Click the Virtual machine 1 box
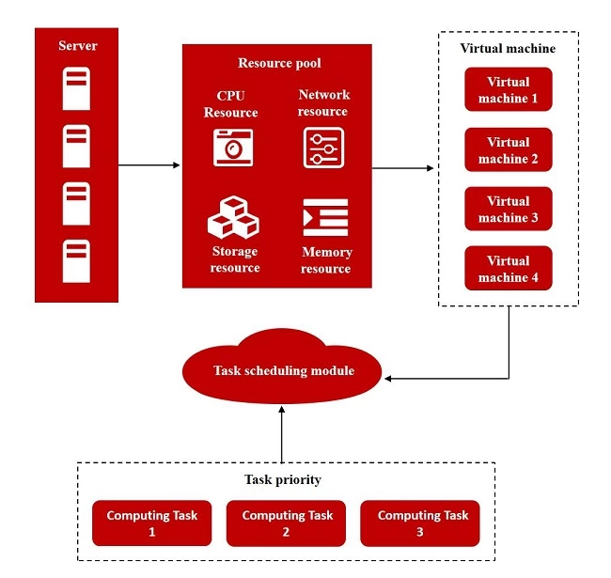(508, 90)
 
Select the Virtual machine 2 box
(508, 150)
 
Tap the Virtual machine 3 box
(508, 210)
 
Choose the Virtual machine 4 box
(508, 269)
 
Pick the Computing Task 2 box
(287, 523)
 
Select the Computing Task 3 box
(422, 523)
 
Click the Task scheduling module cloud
(282, 370)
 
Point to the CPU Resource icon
(233, 148)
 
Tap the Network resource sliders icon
(323, 148)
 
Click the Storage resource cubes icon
(233, 217)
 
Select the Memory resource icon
(325, 217)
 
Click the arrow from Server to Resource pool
(150, 166)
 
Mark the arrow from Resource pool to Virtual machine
(404, 169)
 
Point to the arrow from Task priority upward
(282, 433)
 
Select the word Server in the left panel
(77, 45)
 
